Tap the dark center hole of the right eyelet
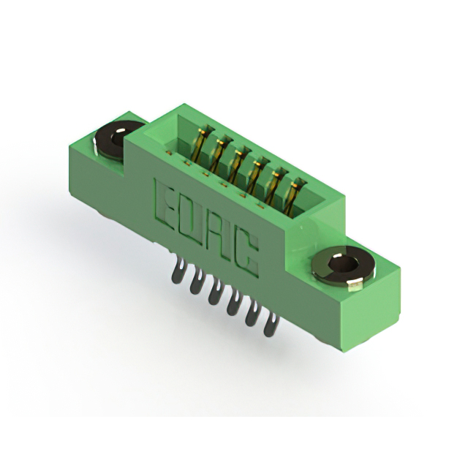click(x=342, y=264)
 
